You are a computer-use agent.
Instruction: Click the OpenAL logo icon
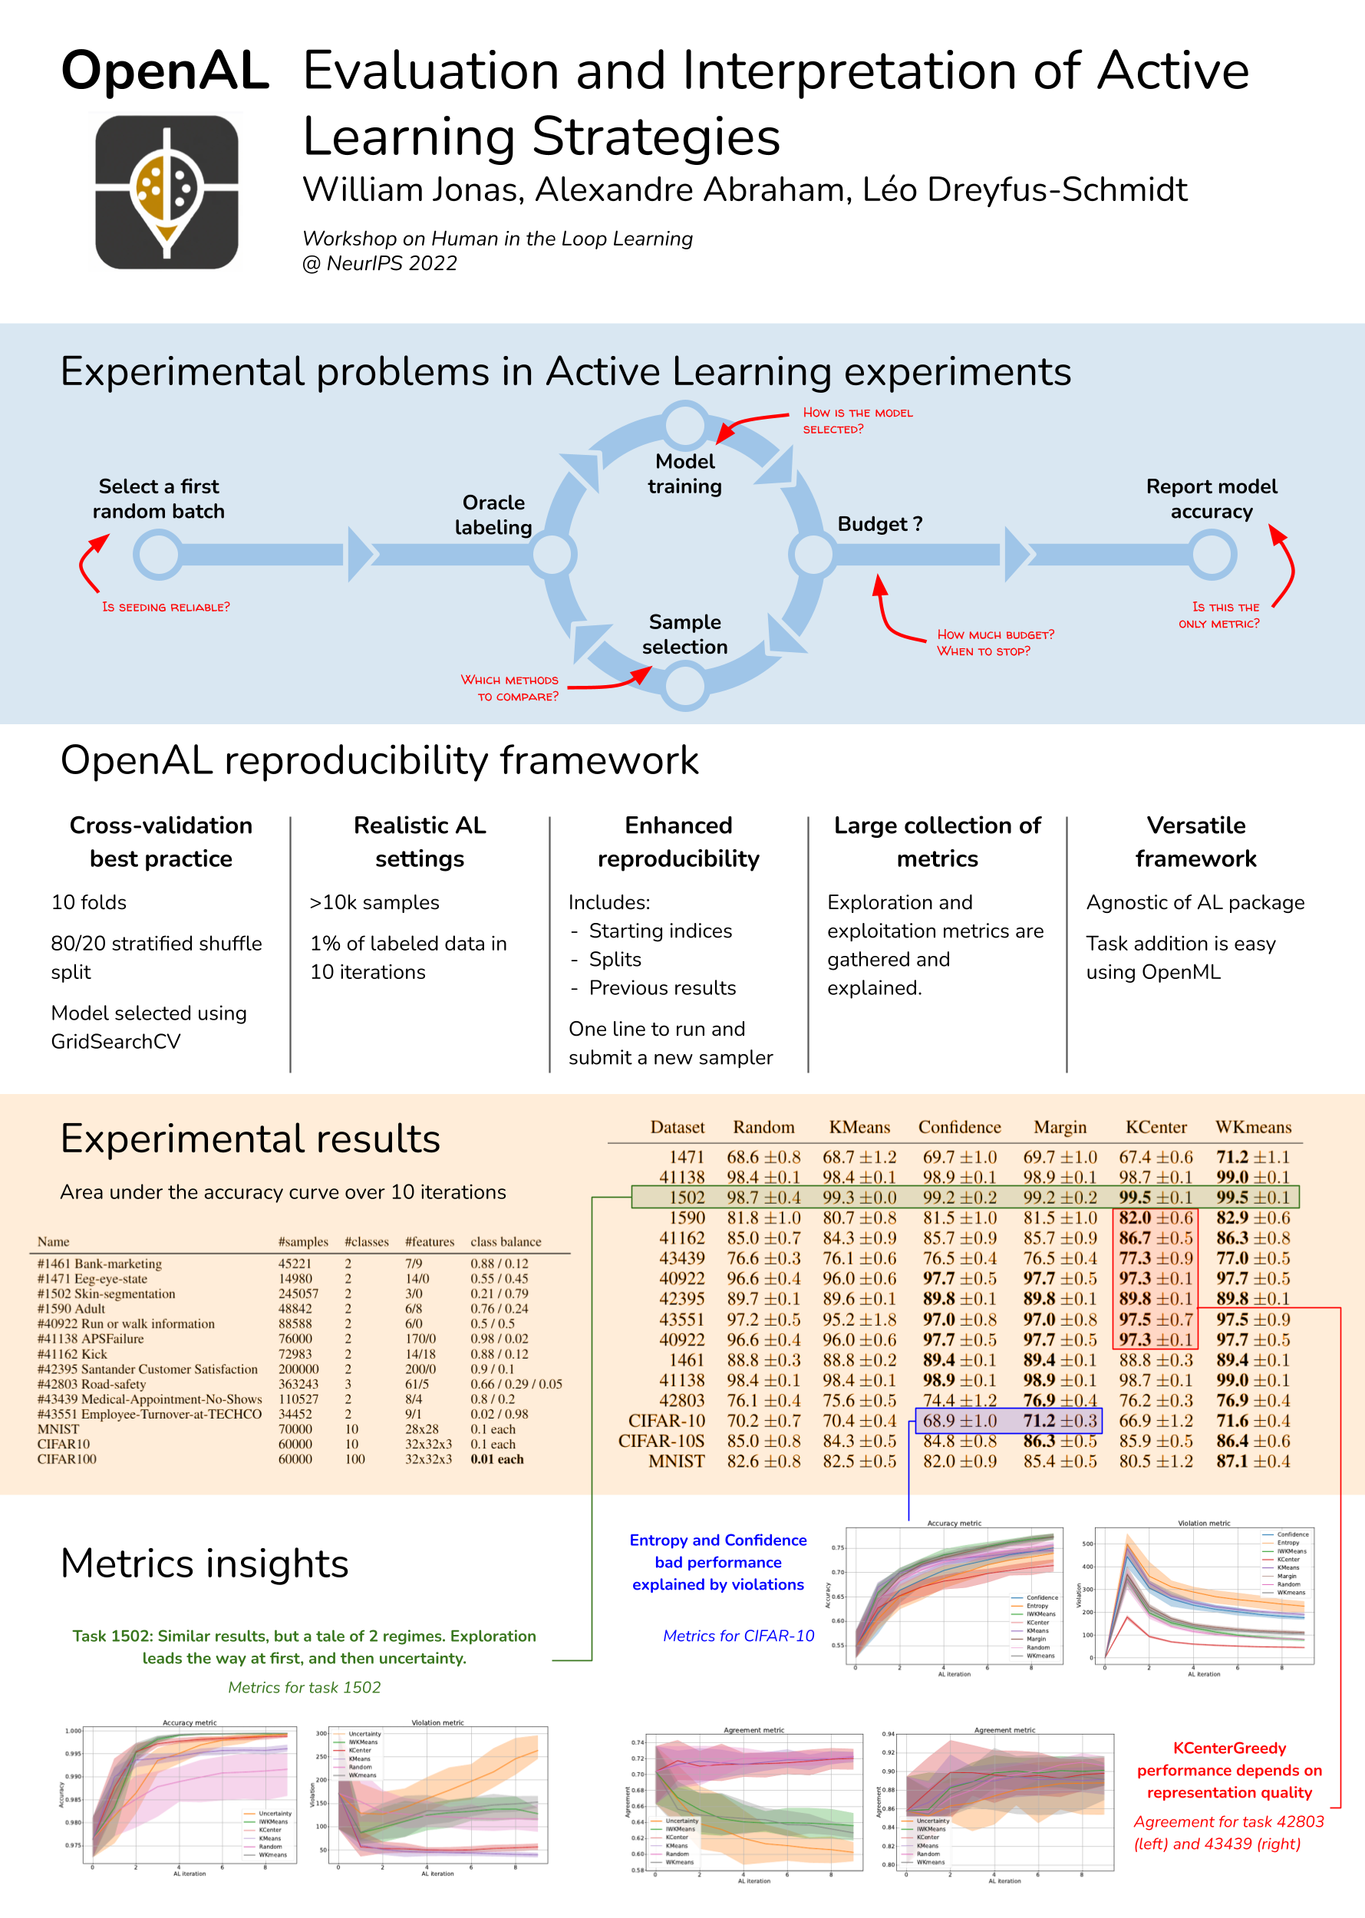coord(167,192)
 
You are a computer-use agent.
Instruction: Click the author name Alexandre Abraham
coord(688,190)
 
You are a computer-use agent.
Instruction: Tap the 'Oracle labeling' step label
coord(493,514)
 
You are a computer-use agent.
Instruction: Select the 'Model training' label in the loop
coord(684,473)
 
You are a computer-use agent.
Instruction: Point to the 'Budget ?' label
coord(879,524)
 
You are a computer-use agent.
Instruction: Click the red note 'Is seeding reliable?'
coord(166,607)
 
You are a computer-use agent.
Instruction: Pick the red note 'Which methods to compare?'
coord(510,687)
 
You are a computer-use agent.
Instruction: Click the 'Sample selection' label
coord(684,634)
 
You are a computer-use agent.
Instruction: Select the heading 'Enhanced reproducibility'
coord(678,842)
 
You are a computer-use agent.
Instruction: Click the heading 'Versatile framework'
coord(1195,842)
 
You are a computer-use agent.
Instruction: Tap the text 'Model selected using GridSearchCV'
coord(149,1027)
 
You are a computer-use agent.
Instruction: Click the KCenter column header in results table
coord(1156,1127)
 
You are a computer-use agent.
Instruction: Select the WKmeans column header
coord(1252,1127)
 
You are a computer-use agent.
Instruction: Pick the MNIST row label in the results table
coord(676,1461)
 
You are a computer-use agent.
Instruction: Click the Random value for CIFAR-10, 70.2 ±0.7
coord(763,1420)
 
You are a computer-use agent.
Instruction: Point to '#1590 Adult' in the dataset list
coord(71,1309)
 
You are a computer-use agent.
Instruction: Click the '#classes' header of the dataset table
coord(367,1241)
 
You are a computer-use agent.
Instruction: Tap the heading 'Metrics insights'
coord(204,1564)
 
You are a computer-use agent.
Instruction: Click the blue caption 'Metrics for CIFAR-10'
coord(738,1636)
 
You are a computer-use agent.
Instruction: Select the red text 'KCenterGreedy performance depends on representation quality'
coord(1229,1770)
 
